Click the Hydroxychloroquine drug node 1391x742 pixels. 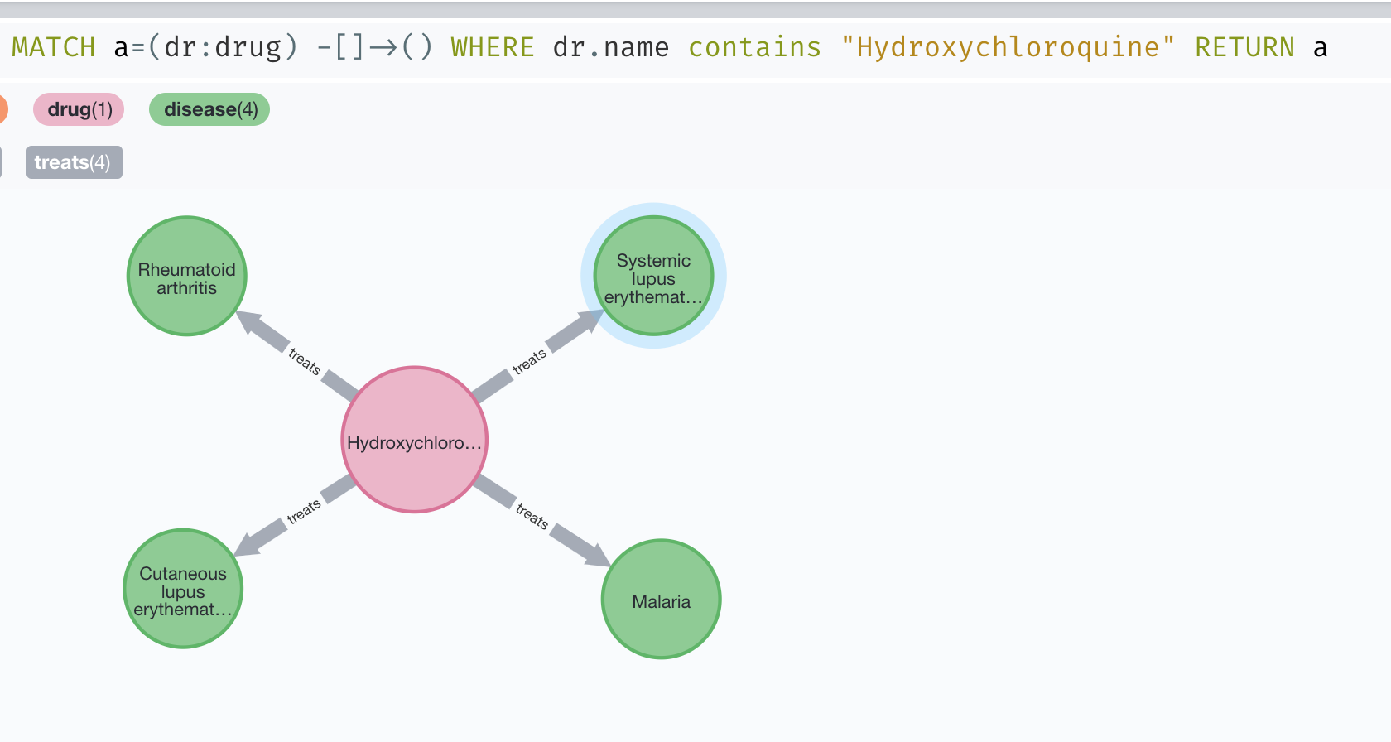point(414,440)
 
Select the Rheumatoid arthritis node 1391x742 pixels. point(187,277)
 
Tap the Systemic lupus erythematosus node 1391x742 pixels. point(653,276)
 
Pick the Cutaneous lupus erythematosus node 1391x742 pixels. point(183,589)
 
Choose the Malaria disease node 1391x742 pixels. point(661,600)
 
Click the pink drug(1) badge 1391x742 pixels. point(79,109)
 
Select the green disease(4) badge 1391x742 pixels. point(209,109)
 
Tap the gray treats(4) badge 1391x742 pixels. point(74,162)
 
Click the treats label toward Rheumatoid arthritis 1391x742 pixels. point(304,361)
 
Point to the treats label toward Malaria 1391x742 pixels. point(532,516)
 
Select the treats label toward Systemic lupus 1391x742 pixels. point(529,362)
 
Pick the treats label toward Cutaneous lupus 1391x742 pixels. point(304,511)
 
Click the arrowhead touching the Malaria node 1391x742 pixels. point(598,556)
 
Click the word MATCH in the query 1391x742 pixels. point(54,47)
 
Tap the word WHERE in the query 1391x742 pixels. point(493,47)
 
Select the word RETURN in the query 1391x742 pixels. point(1244,47)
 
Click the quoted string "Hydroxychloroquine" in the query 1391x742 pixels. point(1008,47)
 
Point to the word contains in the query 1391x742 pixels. point(754,47)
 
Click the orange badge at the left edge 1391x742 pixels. point(2,109)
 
